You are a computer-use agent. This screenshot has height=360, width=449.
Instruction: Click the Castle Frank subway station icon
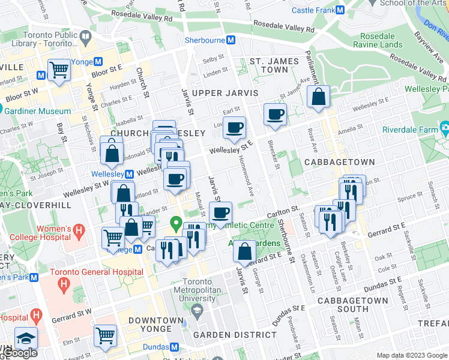[340, 10]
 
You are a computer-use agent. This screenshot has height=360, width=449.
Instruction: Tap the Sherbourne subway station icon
[230, 40]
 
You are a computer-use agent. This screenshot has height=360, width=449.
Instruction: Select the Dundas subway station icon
[174, 347]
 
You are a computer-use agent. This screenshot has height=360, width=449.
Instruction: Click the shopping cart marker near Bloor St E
[59, 69]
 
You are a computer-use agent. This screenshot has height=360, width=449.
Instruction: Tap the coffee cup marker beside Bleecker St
[276, 114]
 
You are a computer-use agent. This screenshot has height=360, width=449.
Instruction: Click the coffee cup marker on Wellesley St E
[235, 127]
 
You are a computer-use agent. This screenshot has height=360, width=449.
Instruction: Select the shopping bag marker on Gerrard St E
[244, 251]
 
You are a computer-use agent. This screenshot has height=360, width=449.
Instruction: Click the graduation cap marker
[26, 338]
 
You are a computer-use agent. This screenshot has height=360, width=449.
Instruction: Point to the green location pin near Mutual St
[176, 224]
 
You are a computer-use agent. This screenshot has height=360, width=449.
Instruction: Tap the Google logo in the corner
[20, 353]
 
